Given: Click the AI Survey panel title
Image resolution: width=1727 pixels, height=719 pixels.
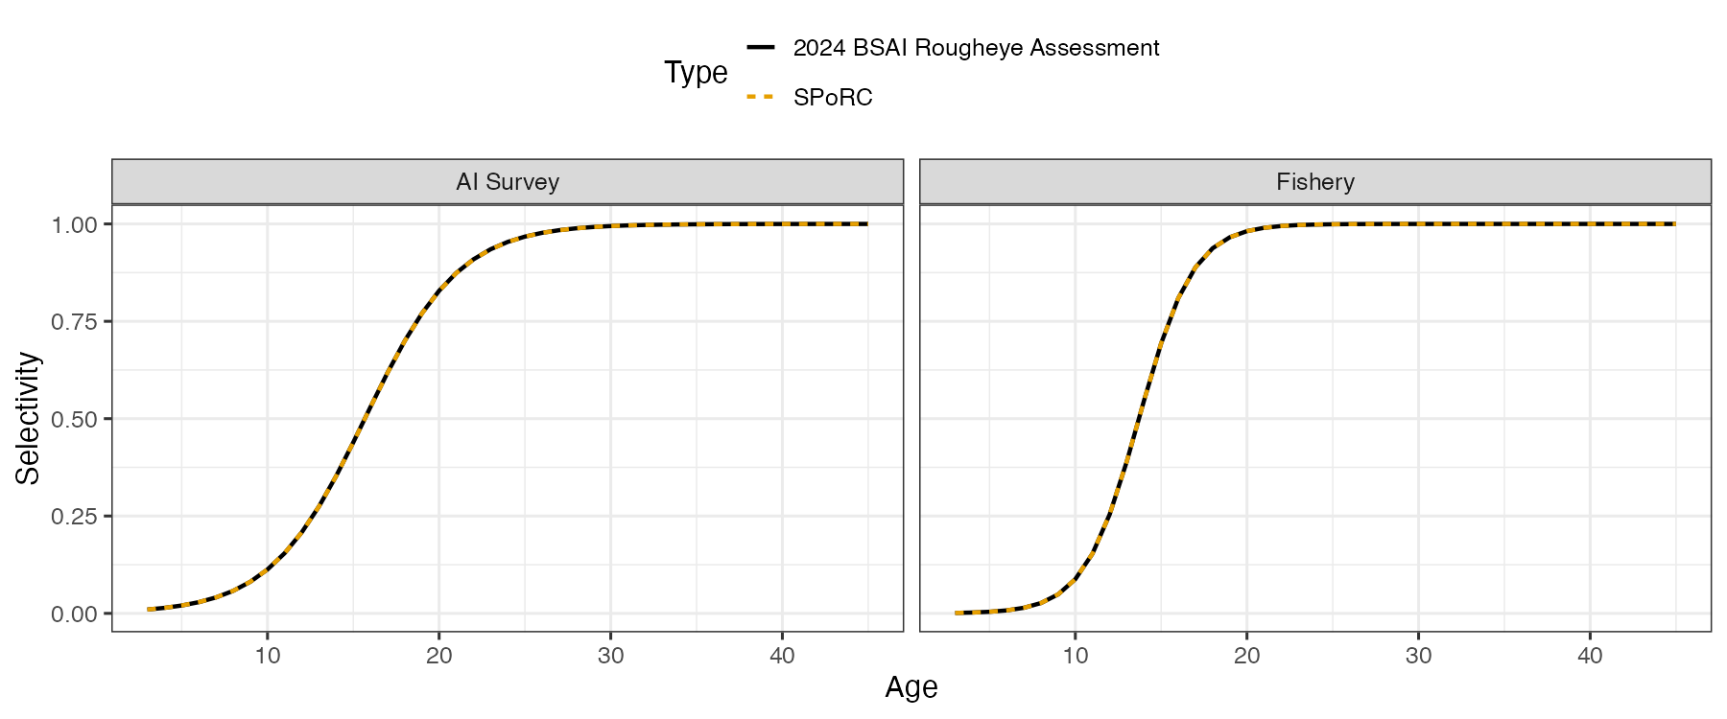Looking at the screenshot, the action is (508, 182).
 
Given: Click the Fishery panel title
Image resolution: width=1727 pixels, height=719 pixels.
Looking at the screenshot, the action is (1315, 182).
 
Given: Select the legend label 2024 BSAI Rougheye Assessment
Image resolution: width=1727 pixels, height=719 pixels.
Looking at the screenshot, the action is (976, 48).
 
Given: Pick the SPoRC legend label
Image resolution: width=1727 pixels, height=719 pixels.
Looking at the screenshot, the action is (833, 98).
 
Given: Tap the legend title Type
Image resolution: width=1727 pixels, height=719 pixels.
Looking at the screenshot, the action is (696, 73).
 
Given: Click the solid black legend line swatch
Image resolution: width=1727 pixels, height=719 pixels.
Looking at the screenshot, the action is (760, 47).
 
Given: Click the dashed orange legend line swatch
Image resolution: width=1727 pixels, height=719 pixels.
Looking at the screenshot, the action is (760, 97).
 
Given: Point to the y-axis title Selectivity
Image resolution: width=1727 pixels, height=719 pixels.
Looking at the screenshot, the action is (28, 418).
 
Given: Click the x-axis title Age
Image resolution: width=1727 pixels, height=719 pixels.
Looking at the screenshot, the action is (911, 687).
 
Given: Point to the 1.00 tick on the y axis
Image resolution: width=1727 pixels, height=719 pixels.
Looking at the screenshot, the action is (75, 224).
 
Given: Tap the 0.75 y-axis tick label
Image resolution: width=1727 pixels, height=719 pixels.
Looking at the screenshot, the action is (75, 322).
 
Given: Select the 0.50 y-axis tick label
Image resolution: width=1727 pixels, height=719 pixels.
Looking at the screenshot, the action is (75, 419).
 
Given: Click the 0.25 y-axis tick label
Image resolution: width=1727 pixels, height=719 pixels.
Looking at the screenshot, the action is (75, 517).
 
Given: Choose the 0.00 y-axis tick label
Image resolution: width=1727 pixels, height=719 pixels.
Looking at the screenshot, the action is (75, 614).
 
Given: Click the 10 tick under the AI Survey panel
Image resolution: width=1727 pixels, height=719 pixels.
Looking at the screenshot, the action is (268, 656).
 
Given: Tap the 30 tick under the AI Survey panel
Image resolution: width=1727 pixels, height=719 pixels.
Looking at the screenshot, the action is (611, 656).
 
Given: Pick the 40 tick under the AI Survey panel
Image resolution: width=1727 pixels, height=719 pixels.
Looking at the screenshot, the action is (783, 656).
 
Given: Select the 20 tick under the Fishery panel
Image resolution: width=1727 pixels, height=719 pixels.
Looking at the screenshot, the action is (1247, 656).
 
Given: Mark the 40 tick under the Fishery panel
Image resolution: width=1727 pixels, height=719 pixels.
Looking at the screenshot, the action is (1591, 656).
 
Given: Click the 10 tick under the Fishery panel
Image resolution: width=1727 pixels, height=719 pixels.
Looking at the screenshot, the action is (1076, 656).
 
